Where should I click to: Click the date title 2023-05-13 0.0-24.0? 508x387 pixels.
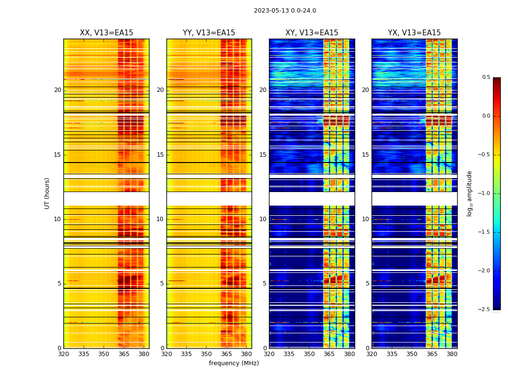pos(284,11)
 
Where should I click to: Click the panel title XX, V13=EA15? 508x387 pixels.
pos(106,33)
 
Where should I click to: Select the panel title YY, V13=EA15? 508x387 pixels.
pos(209,33)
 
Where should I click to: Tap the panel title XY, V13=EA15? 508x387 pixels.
pos(312,33)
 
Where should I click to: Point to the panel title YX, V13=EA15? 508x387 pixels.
pos(414,33)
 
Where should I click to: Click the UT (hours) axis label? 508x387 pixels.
pos(47,193)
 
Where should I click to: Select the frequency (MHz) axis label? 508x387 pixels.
pos(234,363)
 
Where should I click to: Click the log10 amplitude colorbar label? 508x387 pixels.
pos(469,193)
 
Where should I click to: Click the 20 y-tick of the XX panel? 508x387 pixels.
pos(58,90)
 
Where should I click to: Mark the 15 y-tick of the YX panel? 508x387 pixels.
pos(366,155)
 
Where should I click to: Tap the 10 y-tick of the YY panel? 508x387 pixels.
pos(160,219)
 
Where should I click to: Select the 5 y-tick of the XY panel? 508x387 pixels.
pos(265,283)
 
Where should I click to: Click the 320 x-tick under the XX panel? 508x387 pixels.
pos(63,354)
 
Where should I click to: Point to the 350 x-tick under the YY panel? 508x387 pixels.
pos(206,354)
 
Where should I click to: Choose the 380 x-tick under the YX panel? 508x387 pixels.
pos(452,354)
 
